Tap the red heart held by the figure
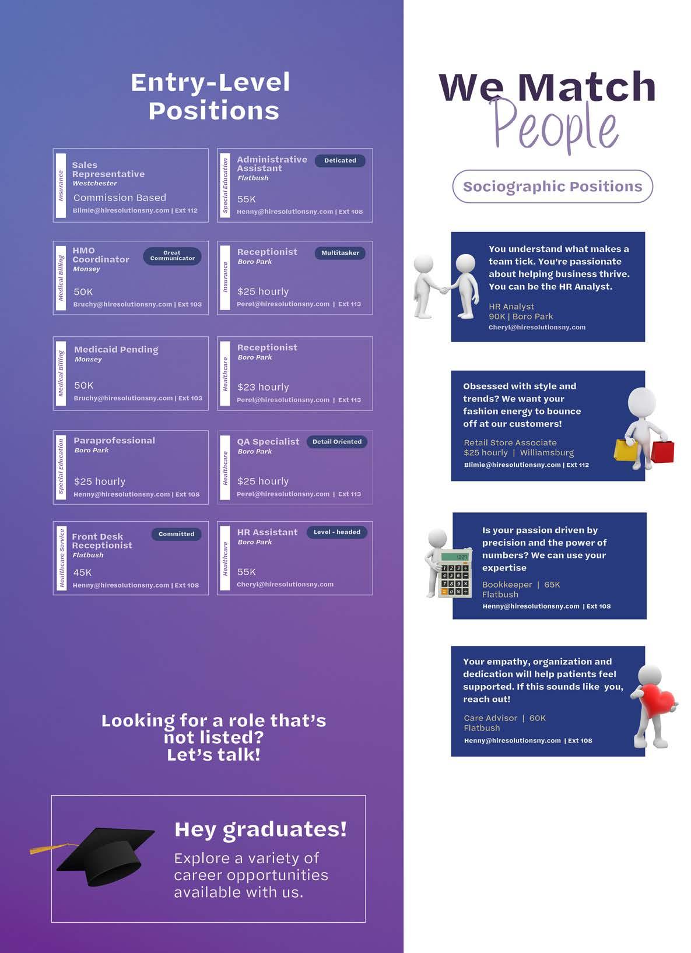tap(657, 700)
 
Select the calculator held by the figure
tap(455, 574)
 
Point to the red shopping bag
tap(662, 451)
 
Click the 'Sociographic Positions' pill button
tap(552, 187)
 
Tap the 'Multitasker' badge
tap(340, 253)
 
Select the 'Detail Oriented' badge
tap(337, 442)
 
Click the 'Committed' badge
tap(176, 534)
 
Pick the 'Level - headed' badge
tap(337, 532)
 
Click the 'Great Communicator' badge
tap(172, 256)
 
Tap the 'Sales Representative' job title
tap(108, 170)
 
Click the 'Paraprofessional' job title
tap(114, 441)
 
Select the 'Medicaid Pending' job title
tap(116, 350)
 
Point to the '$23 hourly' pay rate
tap(263, 387)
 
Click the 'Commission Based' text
tap(120, 198)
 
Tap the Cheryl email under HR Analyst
tap(536, 328)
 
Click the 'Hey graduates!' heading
tap(260, 829)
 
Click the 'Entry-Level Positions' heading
tap(211, 96)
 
